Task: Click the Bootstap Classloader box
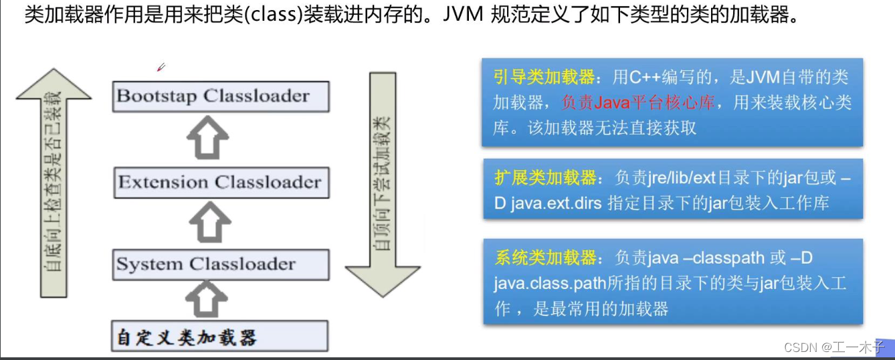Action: (221, 96)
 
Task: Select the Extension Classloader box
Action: (221, 182)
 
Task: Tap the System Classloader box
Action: (221, 264)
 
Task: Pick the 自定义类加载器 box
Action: (221, 337)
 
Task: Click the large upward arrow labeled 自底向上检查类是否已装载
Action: (54, 181)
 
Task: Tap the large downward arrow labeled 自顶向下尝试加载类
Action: (383, 181)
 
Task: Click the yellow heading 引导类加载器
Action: (544, 78)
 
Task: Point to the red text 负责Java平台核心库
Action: (638, 103)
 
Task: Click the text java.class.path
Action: (550, 283)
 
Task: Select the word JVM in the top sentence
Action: (462, 15)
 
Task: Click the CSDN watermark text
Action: (801, 347)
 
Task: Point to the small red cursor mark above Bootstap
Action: (161, 67)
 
